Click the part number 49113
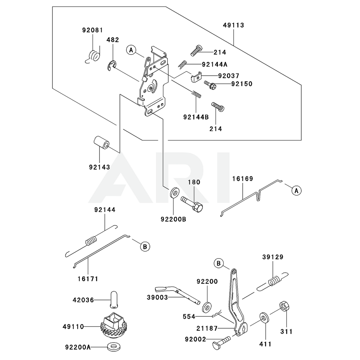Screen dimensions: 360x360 233,25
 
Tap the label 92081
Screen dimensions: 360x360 92,31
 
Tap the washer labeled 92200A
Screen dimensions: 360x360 113,347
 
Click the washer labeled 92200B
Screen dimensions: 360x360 174,192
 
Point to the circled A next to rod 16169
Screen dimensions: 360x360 296,191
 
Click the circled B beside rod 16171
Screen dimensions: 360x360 144,247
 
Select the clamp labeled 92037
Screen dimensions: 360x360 196,76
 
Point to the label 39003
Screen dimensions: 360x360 156,297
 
